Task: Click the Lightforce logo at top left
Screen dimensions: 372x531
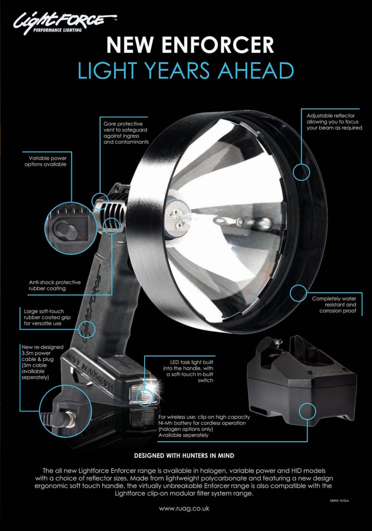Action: [65, 23]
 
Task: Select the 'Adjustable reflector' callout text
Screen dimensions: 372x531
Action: [334, 122]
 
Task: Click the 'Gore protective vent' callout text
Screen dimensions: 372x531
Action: [126, 133]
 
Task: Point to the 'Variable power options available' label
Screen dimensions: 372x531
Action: [46, 161]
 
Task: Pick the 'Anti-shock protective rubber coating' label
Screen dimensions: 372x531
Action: [55, 285]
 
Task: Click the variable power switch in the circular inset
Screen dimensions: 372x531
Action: [66, 229]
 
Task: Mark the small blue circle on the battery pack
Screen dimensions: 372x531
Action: [307, 411]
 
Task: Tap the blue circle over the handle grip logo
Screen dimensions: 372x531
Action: [87, 329]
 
